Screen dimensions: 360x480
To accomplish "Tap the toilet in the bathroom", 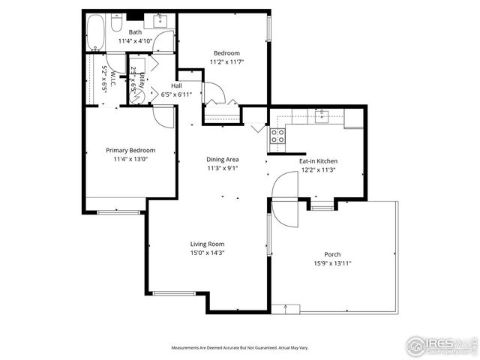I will pos(116,23).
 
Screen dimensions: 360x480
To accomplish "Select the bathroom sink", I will pos(160,20).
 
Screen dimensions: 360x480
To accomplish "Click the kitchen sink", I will pos(322,116).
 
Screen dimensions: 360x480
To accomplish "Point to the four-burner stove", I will pos(277,136).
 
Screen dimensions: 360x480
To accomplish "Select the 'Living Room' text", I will pos(207,244).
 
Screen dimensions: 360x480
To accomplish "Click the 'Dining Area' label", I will pos(223,159).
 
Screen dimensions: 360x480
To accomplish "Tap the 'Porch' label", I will pos(332,254).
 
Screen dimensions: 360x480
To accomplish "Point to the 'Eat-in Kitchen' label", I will pos(318,161).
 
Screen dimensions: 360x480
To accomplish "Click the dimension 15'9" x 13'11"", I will pos(332,264).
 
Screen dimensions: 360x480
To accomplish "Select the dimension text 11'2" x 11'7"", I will pos(226,61).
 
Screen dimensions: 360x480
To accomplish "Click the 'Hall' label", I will pos(177,85).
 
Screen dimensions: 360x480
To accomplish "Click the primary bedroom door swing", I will pos(163,116).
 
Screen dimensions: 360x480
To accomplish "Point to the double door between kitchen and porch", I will pos(286,199).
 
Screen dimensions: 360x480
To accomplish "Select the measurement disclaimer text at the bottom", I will pos(239,348).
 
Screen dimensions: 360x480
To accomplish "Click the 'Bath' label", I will pos(135,32).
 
